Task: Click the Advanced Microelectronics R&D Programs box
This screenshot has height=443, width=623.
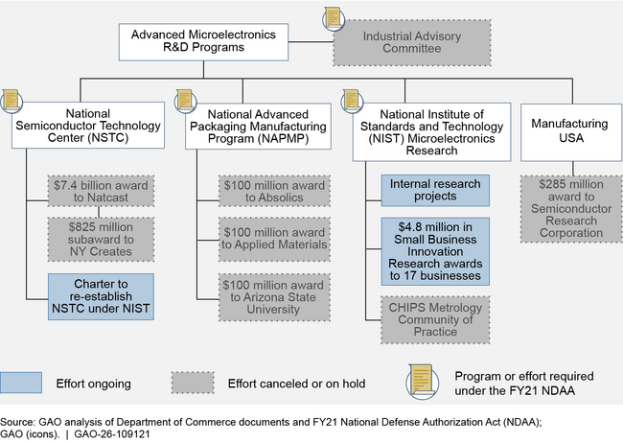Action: (x=203, y=42)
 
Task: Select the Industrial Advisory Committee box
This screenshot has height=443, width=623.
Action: (x=412, y=42)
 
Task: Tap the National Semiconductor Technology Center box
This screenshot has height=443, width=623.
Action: (x=88, y=126)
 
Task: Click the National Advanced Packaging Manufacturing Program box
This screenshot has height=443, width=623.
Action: (x=258, y=126)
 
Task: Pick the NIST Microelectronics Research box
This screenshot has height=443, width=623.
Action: (x=432, y=132)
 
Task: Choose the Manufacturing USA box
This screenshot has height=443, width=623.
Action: (x=571, y=132)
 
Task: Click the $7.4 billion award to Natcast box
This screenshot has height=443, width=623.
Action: (x=101, y=191)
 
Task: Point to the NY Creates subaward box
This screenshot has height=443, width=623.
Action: (x=101, y=240)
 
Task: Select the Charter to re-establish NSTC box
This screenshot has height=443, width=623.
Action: (x=101, y=296)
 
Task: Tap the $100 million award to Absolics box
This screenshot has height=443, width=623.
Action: (x=274, y=191)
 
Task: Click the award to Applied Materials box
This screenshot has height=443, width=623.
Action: (x=274, y=239)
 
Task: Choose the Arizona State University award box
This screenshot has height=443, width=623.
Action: (x=274, y=297)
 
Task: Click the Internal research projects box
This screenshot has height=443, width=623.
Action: (x=435, y=191)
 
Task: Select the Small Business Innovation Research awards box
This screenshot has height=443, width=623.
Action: (x=435, y=251)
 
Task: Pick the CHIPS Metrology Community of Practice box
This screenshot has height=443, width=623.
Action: (x=435, y=319)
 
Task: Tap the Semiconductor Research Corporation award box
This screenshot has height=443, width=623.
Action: (x=571, y=209)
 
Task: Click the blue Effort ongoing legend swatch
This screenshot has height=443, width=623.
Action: (x=21, y=383)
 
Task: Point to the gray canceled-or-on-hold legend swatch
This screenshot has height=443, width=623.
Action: (x=193, y=383)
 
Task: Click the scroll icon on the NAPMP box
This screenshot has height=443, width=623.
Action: (x=185, y=101)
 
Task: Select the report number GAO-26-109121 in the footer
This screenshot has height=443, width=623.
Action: (x=112, y=433)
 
